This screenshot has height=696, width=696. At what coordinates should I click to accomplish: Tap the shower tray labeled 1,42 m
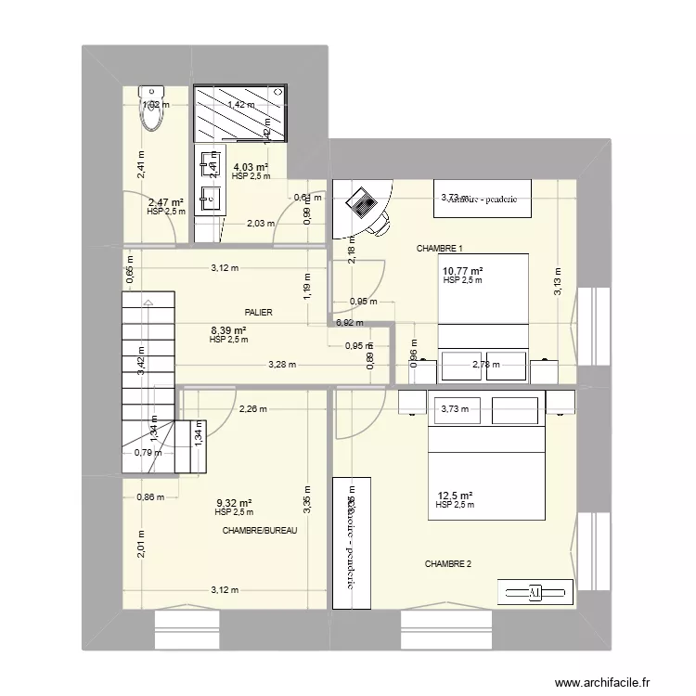point(240,115)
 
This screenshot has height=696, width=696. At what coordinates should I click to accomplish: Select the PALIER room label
point(259,314)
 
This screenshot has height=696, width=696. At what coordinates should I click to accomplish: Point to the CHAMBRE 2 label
point(448,564)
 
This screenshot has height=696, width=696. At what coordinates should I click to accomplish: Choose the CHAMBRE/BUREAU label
point(259,530)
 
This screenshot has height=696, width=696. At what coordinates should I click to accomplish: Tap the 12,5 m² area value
point(455,496)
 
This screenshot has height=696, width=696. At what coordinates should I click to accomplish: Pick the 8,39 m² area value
point(227,330)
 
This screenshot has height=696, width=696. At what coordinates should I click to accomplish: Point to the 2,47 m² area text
point(165,201)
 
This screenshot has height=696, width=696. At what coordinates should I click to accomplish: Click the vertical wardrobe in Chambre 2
point(353,544)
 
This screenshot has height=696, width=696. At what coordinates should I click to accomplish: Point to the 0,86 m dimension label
point(150,497)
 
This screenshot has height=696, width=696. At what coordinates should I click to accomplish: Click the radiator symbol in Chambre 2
point(533,592)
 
